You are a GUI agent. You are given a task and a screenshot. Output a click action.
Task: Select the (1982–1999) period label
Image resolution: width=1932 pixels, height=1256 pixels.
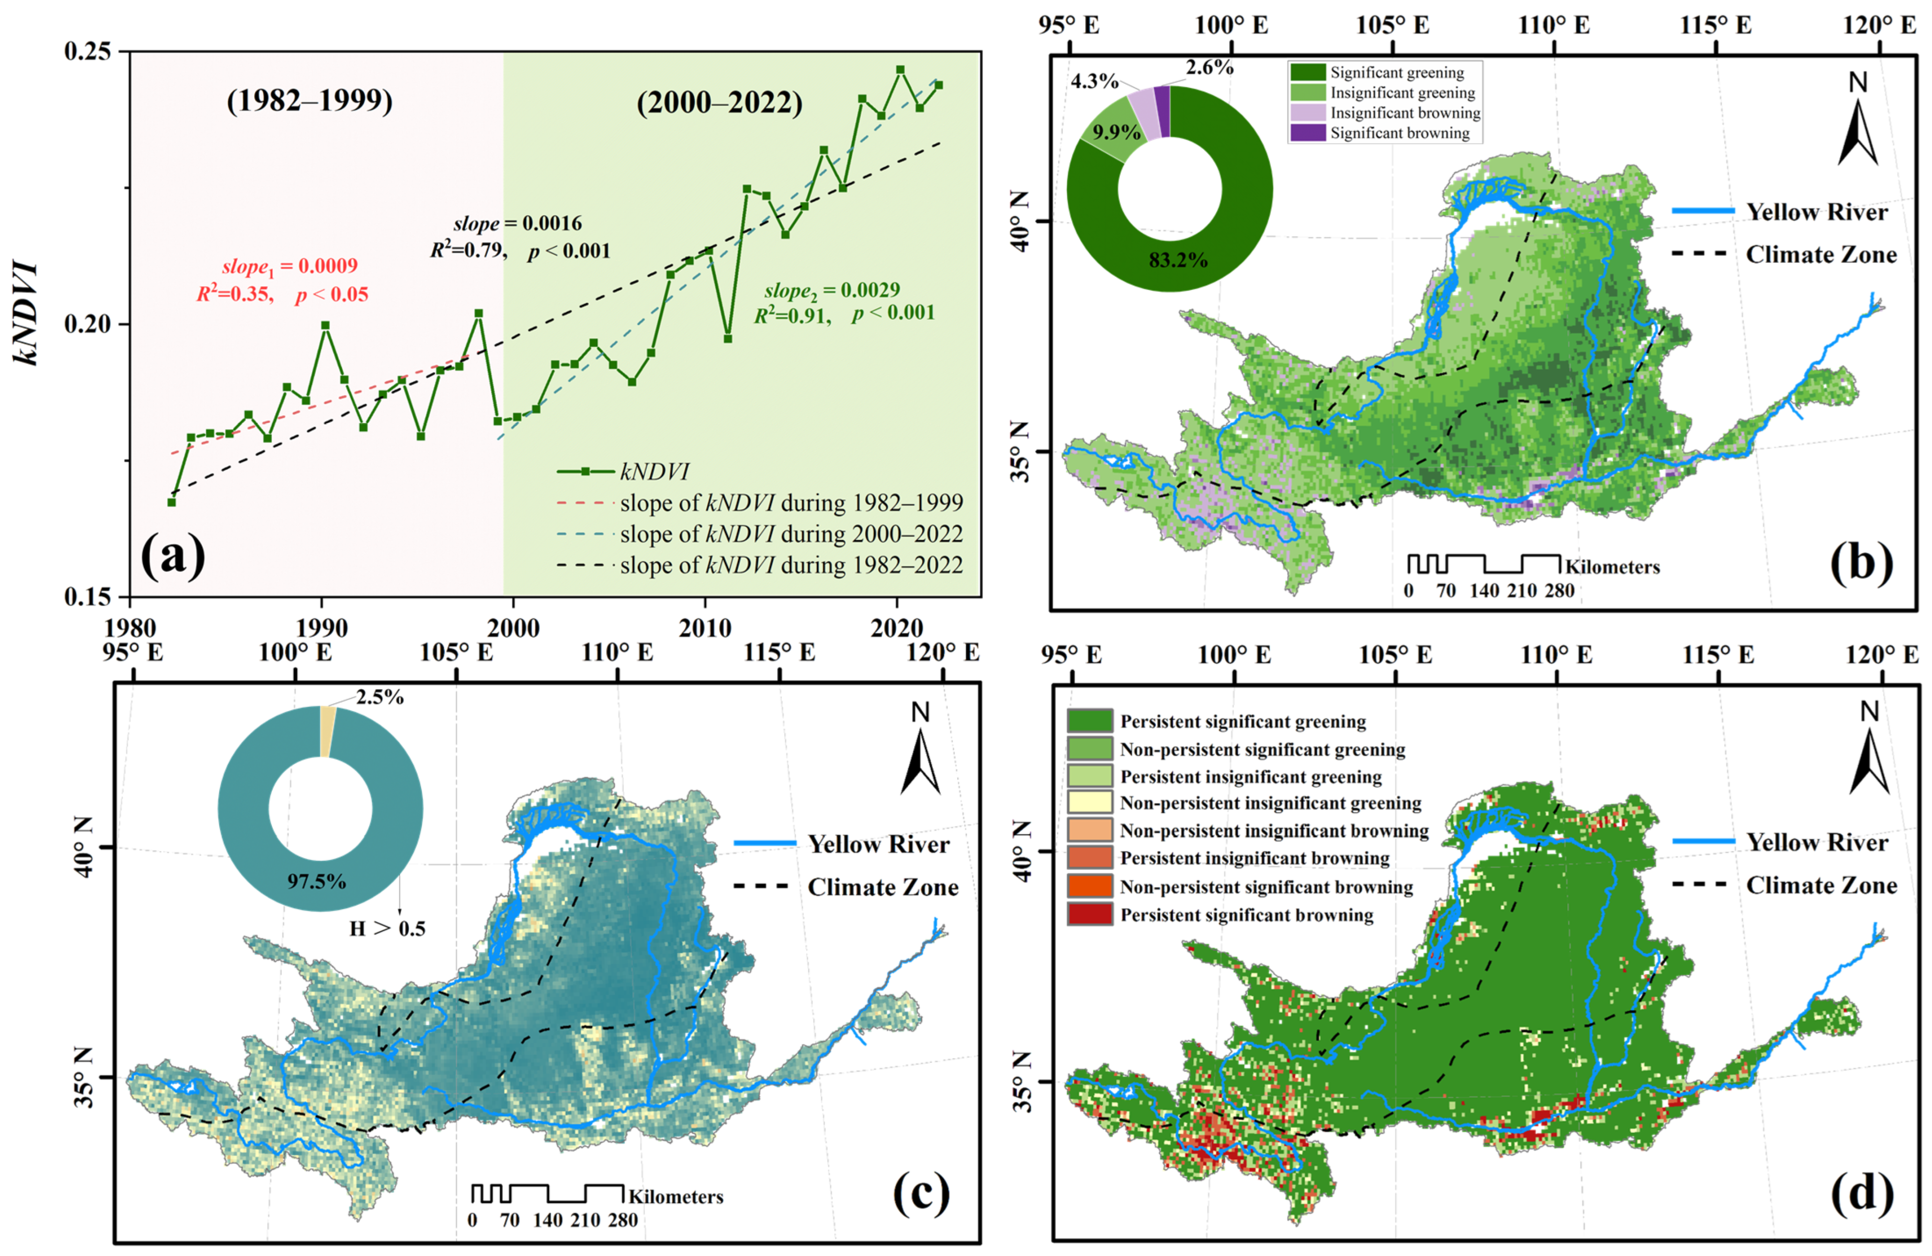pos(309,100)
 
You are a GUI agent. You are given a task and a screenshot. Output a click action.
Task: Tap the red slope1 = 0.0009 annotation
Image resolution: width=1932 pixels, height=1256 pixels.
pos(290,266)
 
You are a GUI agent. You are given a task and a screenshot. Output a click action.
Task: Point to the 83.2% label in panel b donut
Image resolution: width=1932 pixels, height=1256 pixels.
pos(1177,261)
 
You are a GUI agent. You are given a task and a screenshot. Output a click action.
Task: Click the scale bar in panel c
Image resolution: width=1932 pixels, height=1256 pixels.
pos(548,1194)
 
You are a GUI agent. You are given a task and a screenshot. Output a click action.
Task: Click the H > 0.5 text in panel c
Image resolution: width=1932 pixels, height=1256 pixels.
pos(387,928)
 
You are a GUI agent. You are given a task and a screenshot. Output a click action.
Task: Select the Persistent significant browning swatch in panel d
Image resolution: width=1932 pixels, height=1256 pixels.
pos(1089,915)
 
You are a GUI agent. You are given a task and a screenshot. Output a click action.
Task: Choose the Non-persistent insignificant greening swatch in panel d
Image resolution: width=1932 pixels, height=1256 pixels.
pos(1089,803)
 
